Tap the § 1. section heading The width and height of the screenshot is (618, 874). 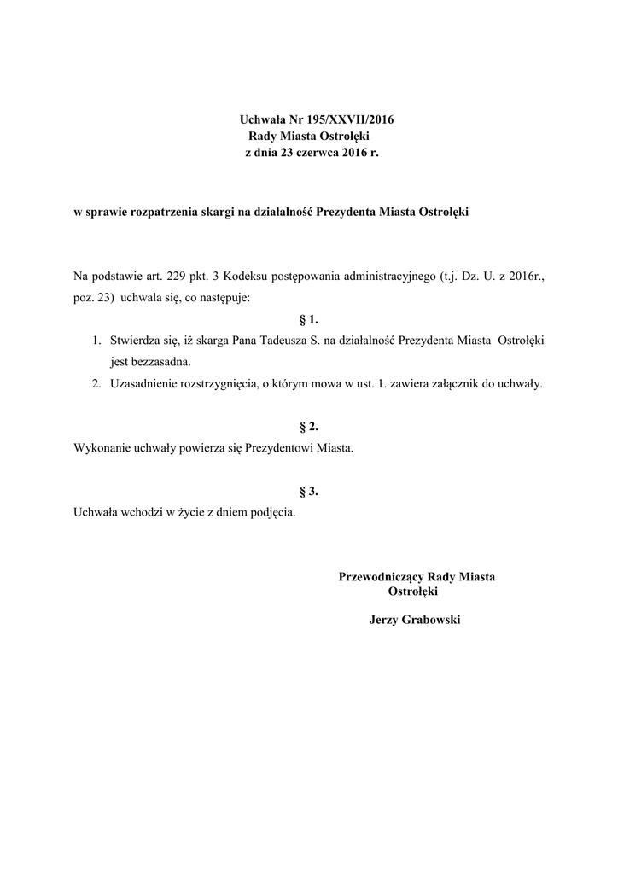point(309,320)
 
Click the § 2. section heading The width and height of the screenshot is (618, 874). point(309,425)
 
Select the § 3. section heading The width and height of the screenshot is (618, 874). point(309,491)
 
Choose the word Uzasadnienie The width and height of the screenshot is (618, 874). point(145,383)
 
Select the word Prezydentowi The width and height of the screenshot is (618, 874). point(278,447)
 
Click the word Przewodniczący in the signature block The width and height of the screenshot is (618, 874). point(380,577)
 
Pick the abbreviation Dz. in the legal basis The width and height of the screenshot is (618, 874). point(466,277)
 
